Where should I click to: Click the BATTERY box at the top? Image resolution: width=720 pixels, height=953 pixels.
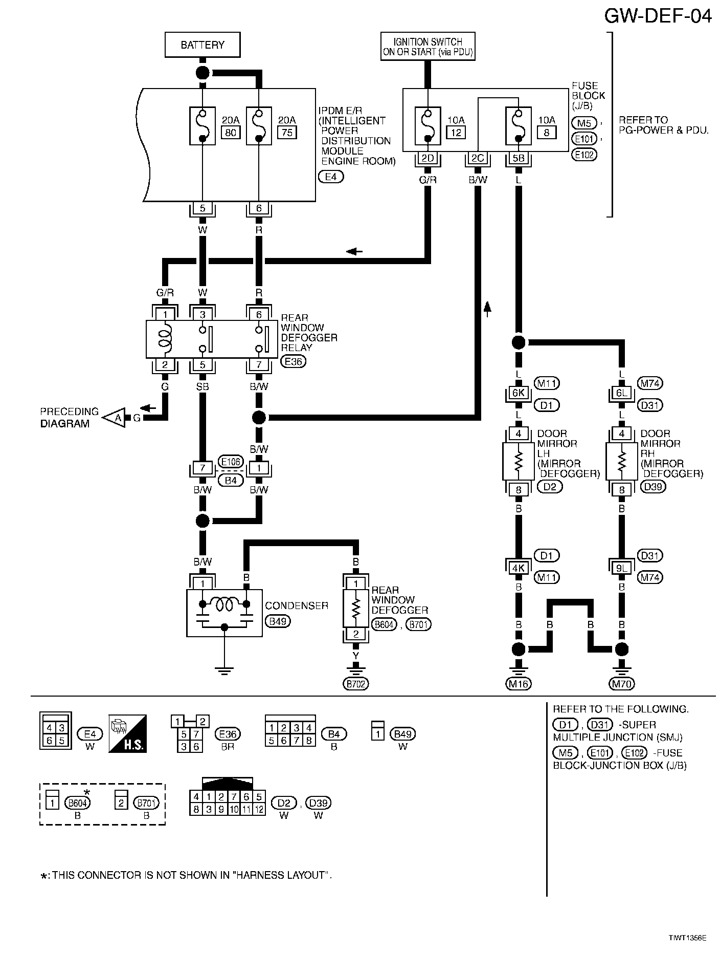pos(202,45)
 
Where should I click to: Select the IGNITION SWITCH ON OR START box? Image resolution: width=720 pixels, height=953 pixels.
pos(427,47)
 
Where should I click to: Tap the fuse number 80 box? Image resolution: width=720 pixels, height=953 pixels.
pos(230,133)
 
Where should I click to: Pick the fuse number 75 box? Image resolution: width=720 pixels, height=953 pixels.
pos(286,133)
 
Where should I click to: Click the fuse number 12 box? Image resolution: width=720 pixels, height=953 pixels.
pos(456,133)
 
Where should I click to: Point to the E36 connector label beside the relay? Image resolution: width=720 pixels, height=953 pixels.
pos(293,361)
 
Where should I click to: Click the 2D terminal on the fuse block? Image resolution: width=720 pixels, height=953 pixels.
pos(427,159)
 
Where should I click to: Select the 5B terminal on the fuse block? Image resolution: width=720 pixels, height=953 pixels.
pos(518,159)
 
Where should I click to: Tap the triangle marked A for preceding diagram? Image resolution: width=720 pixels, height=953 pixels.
pos(116,418)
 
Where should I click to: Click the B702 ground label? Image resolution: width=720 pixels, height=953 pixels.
pos(356,684)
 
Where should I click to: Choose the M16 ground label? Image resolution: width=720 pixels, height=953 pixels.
pos(519,684)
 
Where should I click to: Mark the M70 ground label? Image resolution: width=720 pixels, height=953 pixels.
pos(622,684)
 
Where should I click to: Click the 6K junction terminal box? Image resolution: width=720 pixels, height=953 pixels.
pos(518,393)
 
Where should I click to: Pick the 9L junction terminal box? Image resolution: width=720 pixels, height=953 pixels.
pos(621,568)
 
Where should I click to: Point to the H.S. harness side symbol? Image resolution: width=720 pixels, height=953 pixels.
pos(127,733)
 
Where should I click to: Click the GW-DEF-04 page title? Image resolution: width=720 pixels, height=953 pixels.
pos(658,16)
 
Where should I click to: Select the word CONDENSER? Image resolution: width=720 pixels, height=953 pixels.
pos(297,605)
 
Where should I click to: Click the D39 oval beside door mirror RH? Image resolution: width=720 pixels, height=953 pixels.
pos(653,486)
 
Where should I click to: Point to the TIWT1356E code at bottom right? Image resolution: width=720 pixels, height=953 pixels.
pos(687,938)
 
